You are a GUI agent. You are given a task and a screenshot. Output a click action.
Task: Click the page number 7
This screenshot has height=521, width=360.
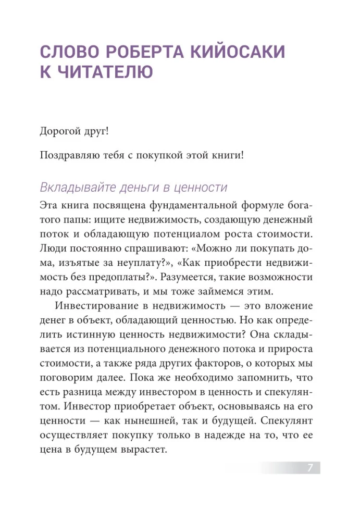click(x=309, y=467)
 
